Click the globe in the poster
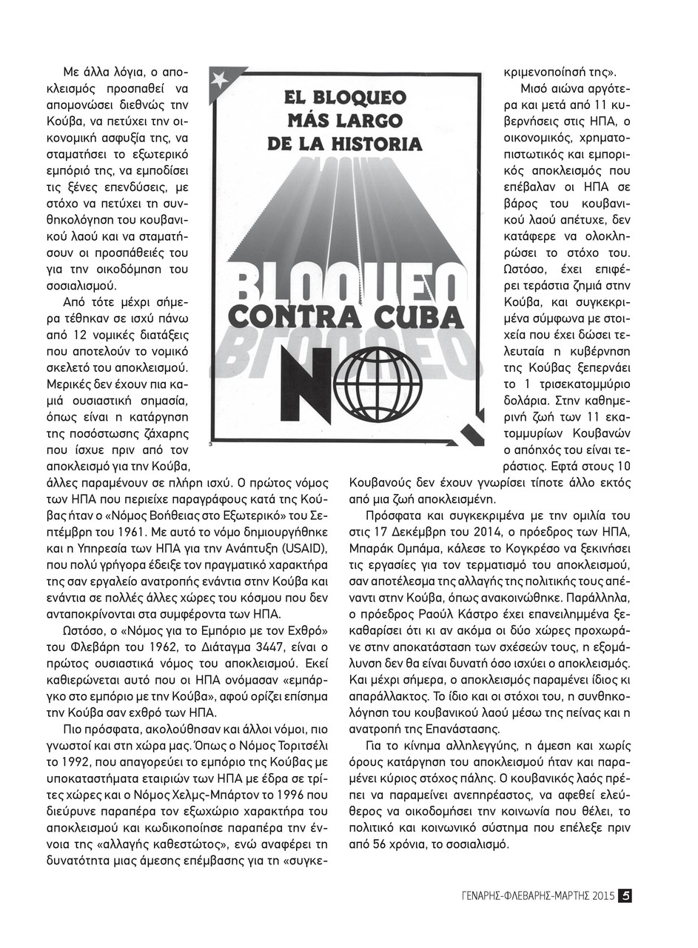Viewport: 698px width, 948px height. pos(377,381)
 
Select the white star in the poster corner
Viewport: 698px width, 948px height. pos(220,80)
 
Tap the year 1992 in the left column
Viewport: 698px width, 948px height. pos(64,761)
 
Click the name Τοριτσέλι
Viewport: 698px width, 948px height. pos(297,744)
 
